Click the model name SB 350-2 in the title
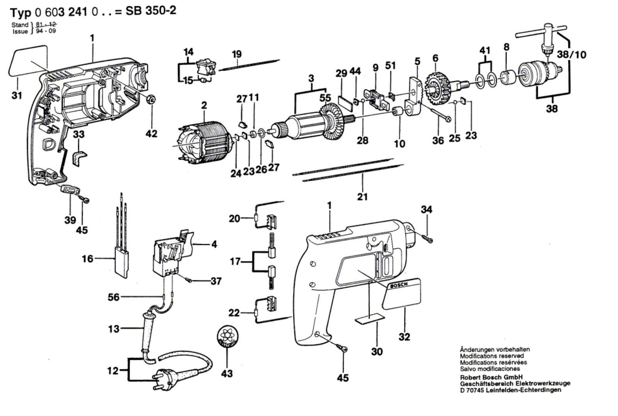click(151, 11)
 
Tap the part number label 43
click(227, 373)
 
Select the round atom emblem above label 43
click(227, 338)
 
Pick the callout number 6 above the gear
click(435, 58)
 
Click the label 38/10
click(571, 55)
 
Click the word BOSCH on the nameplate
click(399, 286)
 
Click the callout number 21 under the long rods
click(362, 197)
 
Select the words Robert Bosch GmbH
click(491, 377)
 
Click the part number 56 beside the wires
click(114, 297)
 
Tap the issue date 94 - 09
click(46, 31)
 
